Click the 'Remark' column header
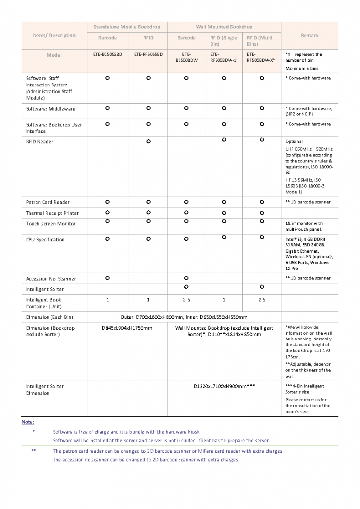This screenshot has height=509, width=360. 309,35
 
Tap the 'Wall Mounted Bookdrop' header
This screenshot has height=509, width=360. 224,26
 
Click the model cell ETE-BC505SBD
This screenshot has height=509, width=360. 107,54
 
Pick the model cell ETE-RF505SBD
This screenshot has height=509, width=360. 148,54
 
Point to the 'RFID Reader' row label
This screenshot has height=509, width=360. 40,142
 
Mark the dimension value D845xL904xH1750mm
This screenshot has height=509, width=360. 127,328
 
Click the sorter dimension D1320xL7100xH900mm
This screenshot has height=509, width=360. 224,386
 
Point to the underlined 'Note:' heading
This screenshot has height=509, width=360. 28,422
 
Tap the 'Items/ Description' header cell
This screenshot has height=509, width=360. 54,35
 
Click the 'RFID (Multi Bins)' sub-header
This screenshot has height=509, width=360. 259,41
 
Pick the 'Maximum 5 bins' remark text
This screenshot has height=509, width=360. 302,68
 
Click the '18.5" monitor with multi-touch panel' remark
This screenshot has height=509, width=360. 304,226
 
